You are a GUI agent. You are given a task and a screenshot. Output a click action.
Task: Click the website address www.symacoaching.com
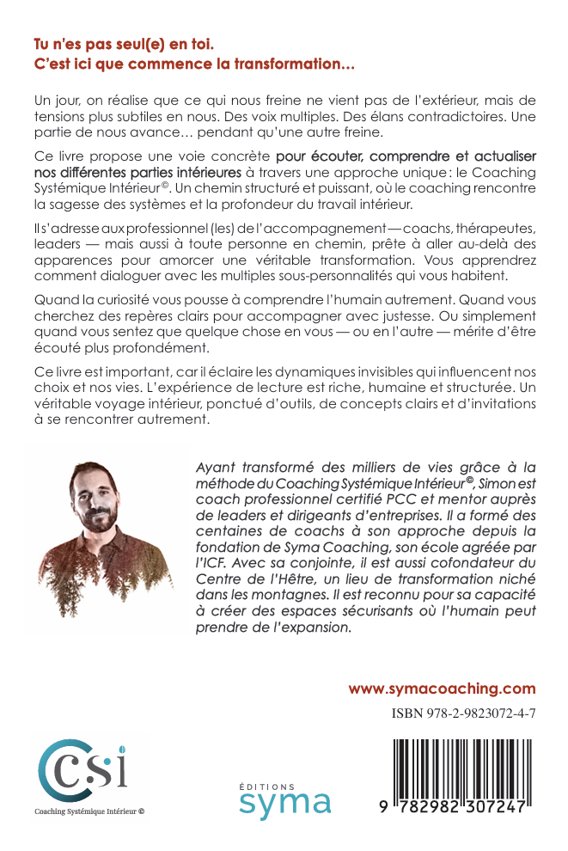(442, 689)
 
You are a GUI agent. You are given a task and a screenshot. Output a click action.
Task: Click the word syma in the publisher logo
(284, 804)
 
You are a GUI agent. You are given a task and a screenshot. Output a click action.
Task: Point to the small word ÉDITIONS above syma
(266, 786)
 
